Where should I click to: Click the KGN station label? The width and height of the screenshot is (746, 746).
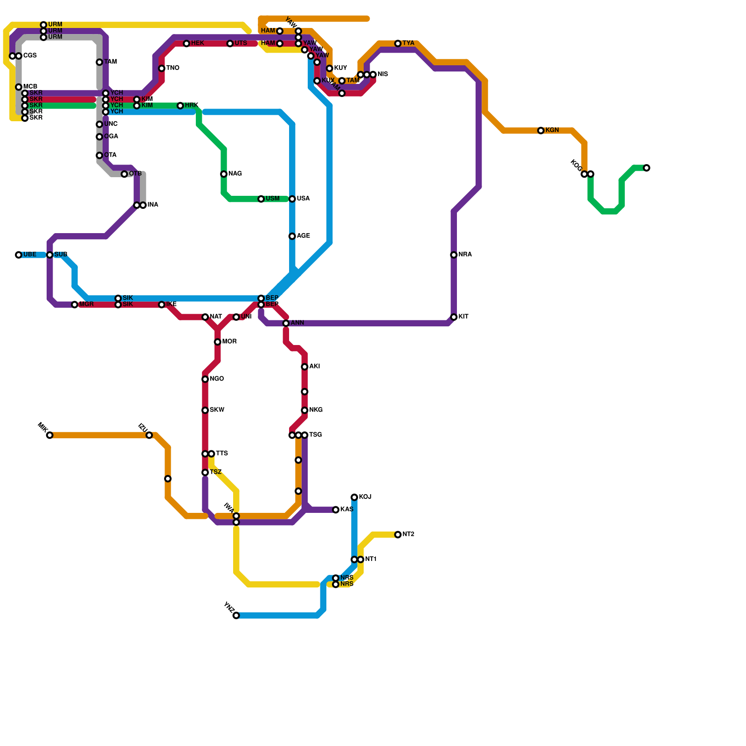552,131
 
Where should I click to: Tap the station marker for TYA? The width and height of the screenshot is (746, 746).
398,44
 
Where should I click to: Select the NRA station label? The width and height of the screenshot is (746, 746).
465,255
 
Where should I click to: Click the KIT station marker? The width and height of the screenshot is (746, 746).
454,317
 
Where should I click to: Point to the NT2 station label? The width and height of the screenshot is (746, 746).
408,535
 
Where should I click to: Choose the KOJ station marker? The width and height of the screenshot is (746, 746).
354,497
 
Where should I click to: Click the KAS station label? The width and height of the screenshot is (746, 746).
346,510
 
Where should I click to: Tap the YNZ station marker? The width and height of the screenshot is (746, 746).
236,615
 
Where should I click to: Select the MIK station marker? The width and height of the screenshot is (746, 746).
50,435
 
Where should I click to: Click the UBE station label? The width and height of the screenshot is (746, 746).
30,255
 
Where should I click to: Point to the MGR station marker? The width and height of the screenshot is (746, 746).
75,305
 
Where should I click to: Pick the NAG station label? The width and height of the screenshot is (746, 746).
235,174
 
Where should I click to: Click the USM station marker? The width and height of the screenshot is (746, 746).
261,199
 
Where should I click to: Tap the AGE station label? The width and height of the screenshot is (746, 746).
303,236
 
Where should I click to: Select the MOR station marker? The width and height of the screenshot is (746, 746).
218,342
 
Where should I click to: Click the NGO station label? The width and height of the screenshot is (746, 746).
216,379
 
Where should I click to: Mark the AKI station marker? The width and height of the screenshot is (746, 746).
304,367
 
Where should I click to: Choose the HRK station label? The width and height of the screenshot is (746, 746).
191,106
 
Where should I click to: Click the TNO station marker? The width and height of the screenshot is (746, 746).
162,69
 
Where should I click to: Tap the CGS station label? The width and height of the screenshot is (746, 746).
30,56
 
